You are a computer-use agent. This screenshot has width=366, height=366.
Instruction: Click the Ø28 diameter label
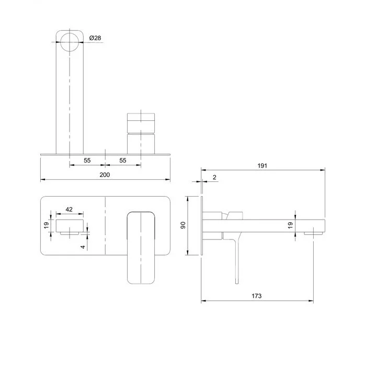tap(95, 38)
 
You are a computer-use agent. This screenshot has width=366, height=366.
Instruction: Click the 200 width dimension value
tap(105, 175)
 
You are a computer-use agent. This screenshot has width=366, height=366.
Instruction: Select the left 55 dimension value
tap(87, 161)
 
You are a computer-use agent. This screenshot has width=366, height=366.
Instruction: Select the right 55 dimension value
tap(123, 161)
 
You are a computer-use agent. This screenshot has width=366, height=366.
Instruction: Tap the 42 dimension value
tap(69, 209)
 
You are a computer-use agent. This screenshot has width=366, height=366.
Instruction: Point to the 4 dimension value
tap(83, 247)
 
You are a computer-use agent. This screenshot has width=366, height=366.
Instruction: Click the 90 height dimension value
tap(183, 225)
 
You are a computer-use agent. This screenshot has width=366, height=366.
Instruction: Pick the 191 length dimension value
tap(262, 166)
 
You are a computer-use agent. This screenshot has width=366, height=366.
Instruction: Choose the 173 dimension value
tap(257, 296)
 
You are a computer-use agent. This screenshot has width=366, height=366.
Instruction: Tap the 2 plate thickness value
tap(214, 177)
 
